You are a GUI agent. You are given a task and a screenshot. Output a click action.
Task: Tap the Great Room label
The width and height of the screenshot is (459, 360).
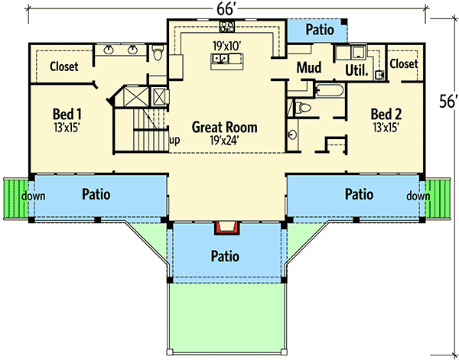(224, 127)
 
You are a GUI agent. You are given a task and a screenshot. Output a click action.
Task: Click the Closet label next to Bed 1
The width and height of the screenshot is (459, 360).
(63, 66)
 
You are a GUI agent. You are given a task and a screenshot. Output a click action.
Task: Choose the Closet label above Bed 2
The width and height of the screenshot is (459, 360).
(403, 63)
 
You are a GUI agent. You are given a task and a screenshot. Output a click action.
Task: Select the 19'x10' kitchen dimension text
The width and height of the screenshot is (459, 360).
(226, 46)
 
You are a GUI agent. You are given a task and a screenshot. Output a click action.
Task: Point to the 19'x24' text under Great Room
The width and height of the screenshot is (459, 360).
(224, 140)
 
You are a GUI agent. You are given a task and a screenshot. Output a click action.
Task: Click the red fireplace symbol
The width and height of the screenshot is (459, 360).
(227, 226)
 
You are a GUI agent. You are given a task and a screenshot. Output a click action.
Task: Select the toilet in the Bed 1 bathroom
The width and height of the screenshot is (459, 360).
(158, 54)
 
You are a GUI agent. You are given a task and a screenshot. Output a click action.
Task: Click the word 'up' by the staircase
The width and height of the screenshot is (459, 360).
(174, 141)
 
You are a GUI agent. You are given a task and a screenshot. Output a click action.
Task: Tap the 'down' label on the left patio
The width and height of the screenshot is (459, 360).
(34, 196)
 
